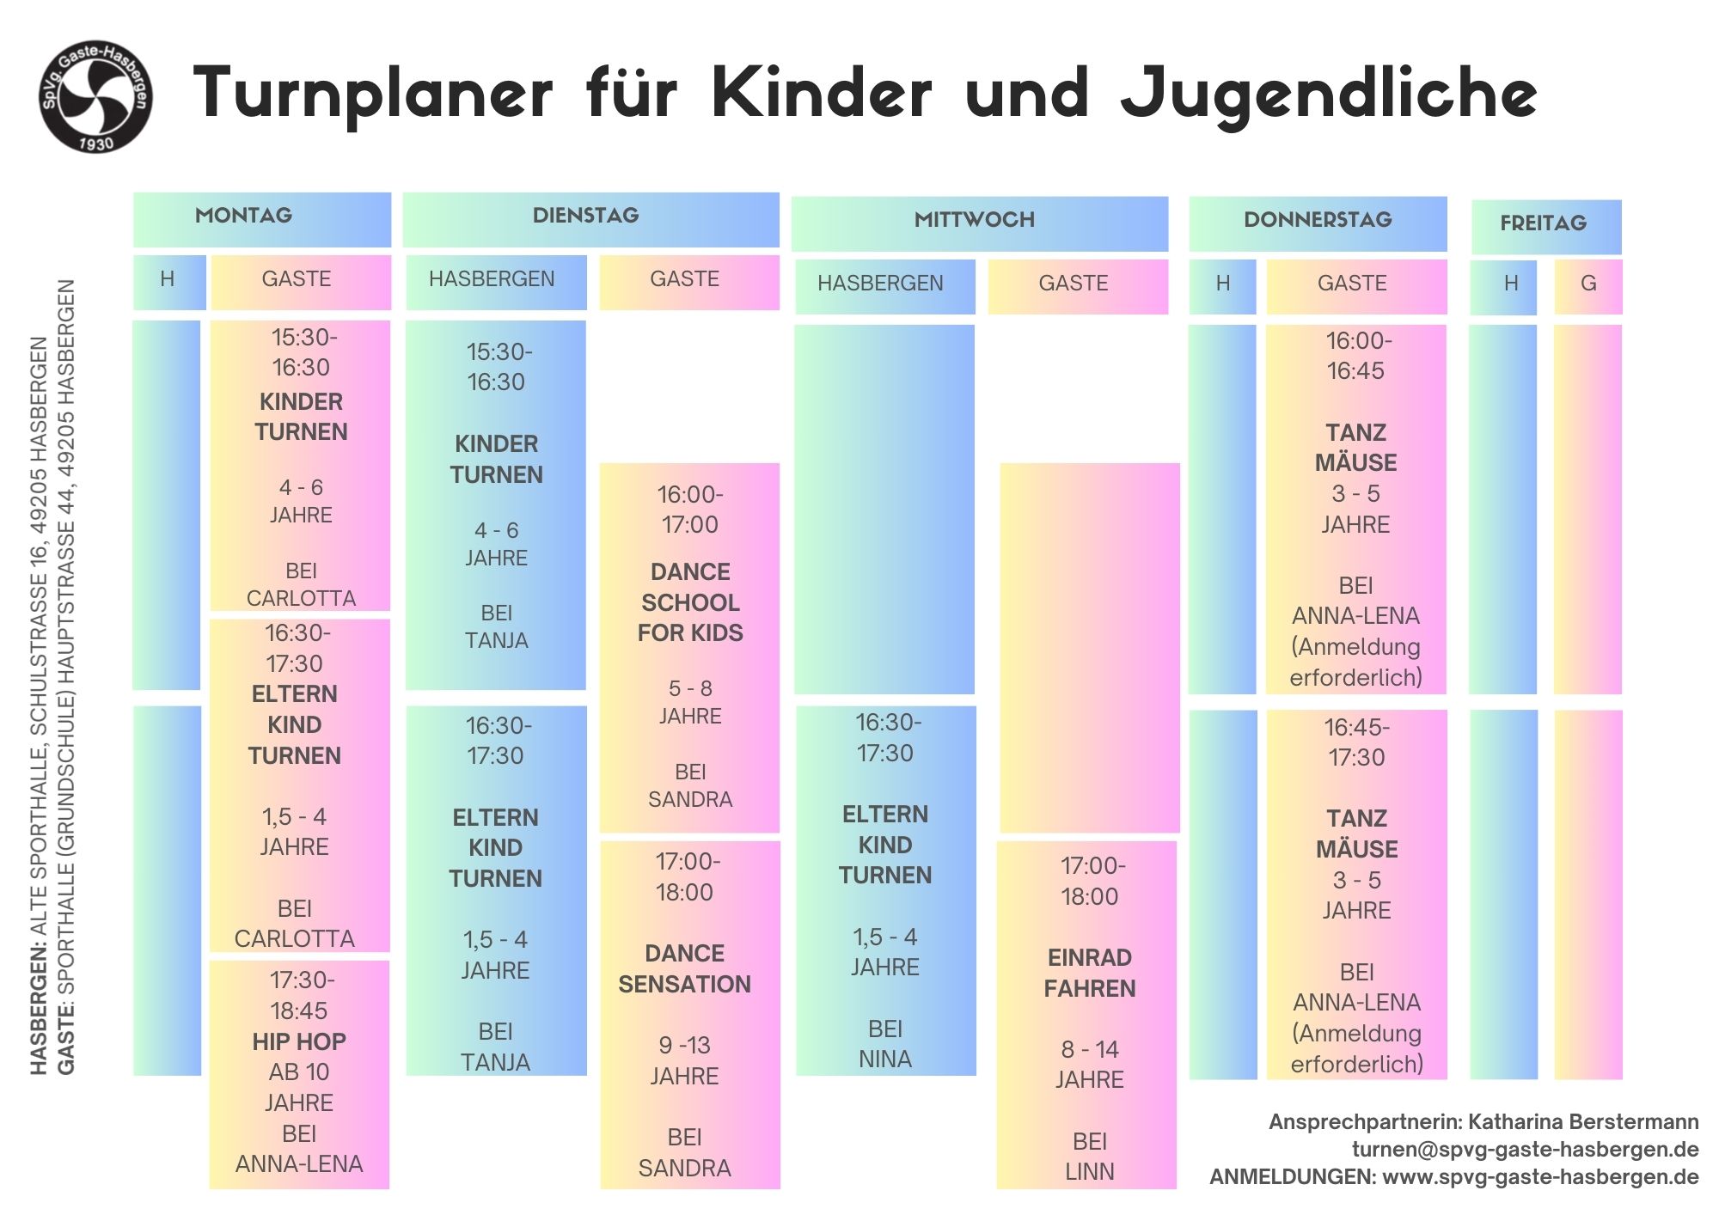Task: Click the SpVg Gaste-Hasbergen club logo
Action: pyautogui.click(x=96, y=96)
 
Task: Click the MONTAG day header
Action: pyautogui.click(x=244, y=216)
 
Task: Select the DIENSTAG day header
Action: pyautogui.click(x=585, y=216)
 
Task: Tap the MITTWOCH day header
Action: pyautogui.click(x=974, y=220)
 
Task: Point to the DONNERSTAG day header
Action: pyautogui.click(x=1318, y=220)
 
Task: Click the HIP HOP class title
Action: pyautogui.click(x=299, y=1041)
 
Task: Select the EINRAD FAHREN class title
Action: pyautogui.click(x=1090, y=973)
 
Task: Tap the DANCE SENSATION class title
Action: pyautogui.click(x=685, y=968)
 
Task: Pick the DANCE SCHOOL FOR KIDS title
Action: pyautogui.click(x=690, y=602)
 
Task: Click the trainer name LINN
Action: pyautogui.click(x=1090, y=1172)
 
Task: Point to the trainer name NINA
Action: pyautogui.click(x=885, y=1059)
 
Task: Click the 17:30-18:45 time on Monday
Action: pyautogui.click(x=300, y=995)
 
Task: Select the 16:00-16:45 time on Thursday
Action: pyautogui.click(x=1357, y=356)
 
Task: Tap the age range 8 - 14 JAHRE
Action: pyautogui.click(x=1090, y=1064)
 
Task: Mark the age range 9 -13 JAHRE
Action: pyautogui.click(x=685, y=1060)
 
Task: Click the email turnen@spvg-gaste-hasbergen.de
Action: pyautogui.click(x=1525, y=1150)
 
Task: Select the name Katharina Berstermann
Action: pyautogui.click(x=1583, y=1122)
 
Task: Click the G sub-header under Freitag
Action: pyautogui.click(x=1588, y=284)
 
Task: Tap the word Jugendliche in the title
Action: pyautogui.click(x=1329, y=95)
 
